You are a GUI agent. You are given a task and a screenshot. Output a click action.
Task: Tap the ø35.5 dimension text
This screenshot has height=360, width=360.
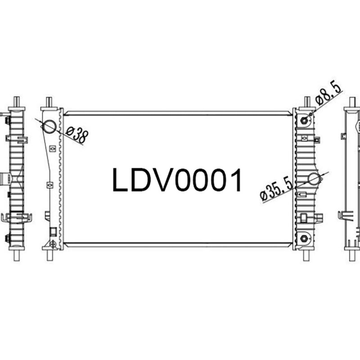[278, 189]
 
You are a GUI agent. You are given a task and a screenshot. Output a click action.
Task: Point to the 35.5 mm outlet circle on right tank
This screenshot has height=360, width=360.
[314, 180]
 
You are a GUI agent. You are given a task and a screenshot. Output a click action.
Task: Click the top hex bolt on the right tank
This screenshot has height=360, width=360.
[305, 120]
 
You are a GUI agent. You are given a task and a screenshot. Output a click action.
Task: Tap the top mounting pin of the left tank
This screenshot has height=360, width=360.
[49, 102]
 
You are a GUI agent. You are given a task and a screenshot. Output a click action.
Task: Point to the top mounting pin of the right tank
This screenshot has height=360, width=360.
[308, 102]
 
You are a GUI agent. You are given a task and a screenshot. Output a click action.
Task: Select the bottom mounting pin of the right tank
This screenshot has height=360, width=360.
[308, 255]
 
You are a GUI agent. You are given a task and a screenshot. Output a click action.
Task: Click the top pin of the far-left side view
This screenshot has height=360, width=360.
[17, 102]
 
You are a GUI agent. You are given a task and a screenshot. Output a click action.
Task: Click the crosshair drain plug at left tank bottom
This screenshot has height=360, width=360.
[53, 244]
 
